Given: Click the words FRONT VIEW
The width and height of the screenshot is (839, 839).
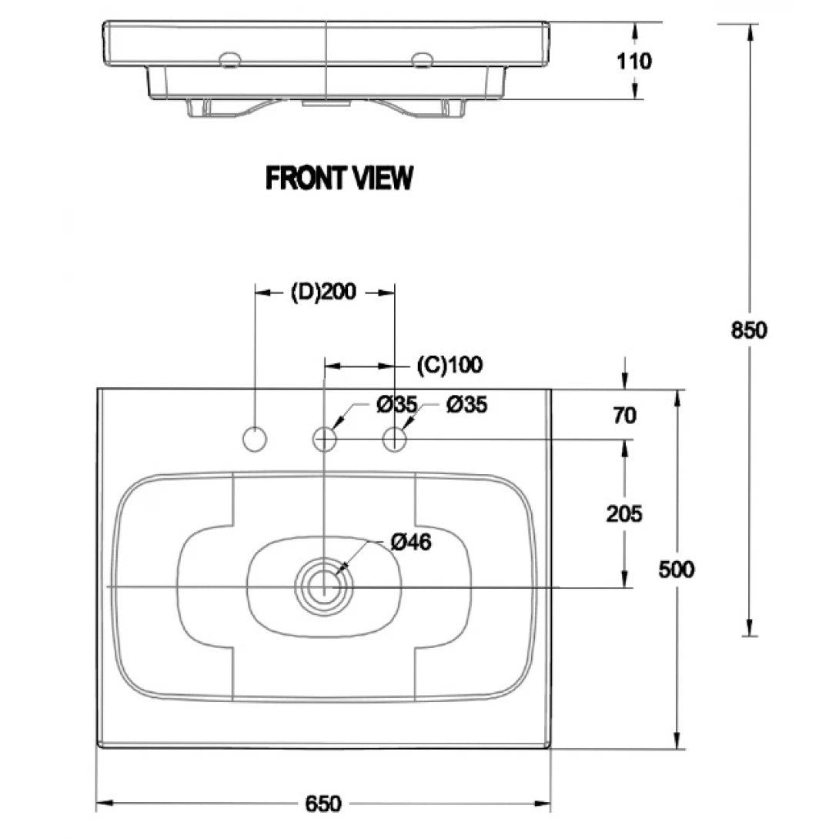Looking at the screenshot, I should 339,178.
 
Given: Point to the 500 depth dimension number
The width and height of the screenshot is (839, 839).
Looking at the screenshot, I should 677,569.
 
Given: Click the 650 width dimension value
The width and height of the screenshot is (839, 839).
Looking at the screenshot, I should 323,804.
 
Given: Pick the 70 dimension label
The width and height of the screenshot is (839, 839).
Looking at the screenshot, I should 625,416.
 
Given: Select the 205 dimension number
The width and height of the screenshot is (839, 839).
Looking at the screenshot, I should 624,513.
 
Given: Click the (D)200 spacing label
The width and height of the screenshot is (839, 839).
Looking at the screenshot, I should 323,292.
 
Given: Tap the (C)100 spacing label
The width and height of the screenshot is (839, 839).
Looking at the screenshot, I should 450,364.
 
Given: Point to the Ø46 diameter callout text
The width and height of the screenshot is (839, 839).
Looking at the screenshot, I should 410,542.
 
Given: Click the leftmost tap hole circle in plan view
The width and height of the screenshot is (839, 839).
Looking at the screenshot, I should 254,440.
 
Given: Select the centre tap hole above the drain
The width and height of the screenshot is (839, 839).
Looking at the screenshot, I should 325,440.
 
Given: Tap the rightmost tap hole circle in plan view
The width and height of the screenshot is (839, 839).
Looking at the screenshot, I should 395,440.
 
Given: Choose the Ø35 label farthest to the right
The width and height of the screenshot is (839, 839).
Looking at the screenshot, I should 466,404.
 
